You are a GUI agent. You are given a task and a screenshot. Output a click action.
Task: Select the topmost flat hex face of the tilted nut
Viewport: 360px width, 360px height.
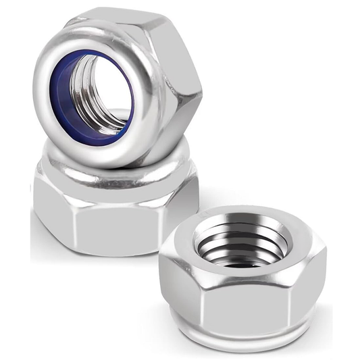pyautogui.click(x=115, y=17)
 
